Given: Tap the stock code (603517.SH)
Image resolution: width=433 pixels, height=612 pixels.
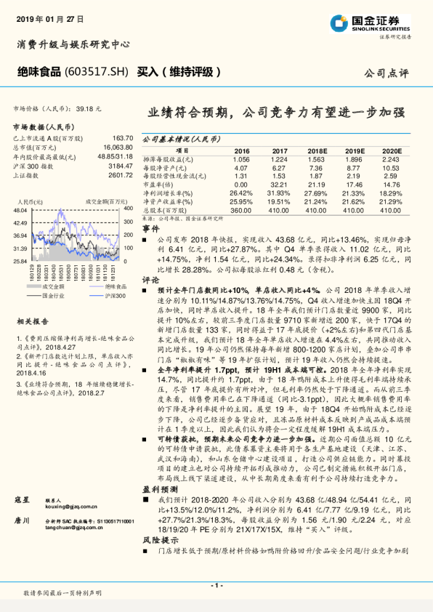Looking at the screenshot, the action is coord(99,72).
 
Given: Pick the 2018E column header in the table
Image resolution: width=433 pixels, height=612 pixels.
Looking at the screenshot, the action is coord(317,150).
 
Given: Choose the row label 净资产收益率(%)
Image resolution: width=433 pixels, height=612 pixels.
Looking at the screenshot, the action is coord(168,201).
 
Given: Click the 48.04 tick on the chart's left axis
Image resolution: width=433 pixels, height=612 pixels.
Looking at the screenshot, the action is coord(20,209).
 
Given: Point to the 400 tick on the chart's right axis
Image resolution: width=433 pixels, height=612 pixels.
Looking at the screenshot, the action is coord(129,209).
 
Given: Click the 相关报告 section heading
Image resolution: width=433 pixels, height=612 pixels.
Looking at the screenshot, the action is coord(32,320).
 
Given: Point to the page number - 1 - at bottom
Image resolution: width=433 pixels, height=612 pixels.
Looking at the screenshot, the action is coord(216,585).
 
